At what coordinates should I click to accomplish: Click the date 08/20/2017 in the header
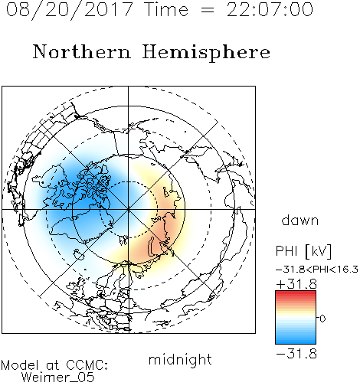point(69,9)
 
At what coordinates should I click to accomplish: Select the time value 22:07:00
point(270,9)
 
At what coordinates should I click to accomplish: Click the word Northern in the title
point(82,51)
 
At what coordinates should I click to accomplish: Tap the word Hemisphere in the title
point(206,53)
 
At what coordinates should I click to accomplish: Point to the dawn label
point(300,220)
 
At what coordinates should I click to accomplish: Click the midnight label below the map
point(180,359)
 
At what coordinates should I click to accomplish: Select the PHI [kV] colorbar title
point(303,251)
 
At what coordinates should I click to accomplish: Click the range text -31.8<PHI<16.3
point(317,270)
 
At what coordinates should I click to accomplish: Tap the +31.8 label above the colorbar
point(296,284)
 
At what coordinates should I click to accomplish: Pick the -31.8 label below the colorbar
point(296,354)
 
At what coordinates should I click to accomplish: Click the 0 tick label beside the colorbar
point(322,319)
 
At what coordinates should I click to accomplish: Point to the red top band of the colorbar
point(296,293)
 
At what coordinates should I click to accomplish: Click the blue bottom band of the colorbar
point(296,342)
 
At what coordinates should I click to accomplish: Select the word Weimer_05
point(58,378)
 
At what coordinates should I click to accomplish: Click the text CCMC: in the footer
point(87,365)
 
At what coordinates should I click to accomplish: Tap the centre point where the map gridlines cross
point(128,209)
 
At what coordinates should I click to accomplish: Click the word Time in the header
point(166,9)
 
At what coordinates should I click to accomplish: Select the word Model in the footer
point(20,365)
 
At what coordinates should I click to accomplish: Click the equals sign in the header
point(208,10)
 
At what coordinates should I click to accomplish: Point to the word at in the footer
point(52,366)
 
